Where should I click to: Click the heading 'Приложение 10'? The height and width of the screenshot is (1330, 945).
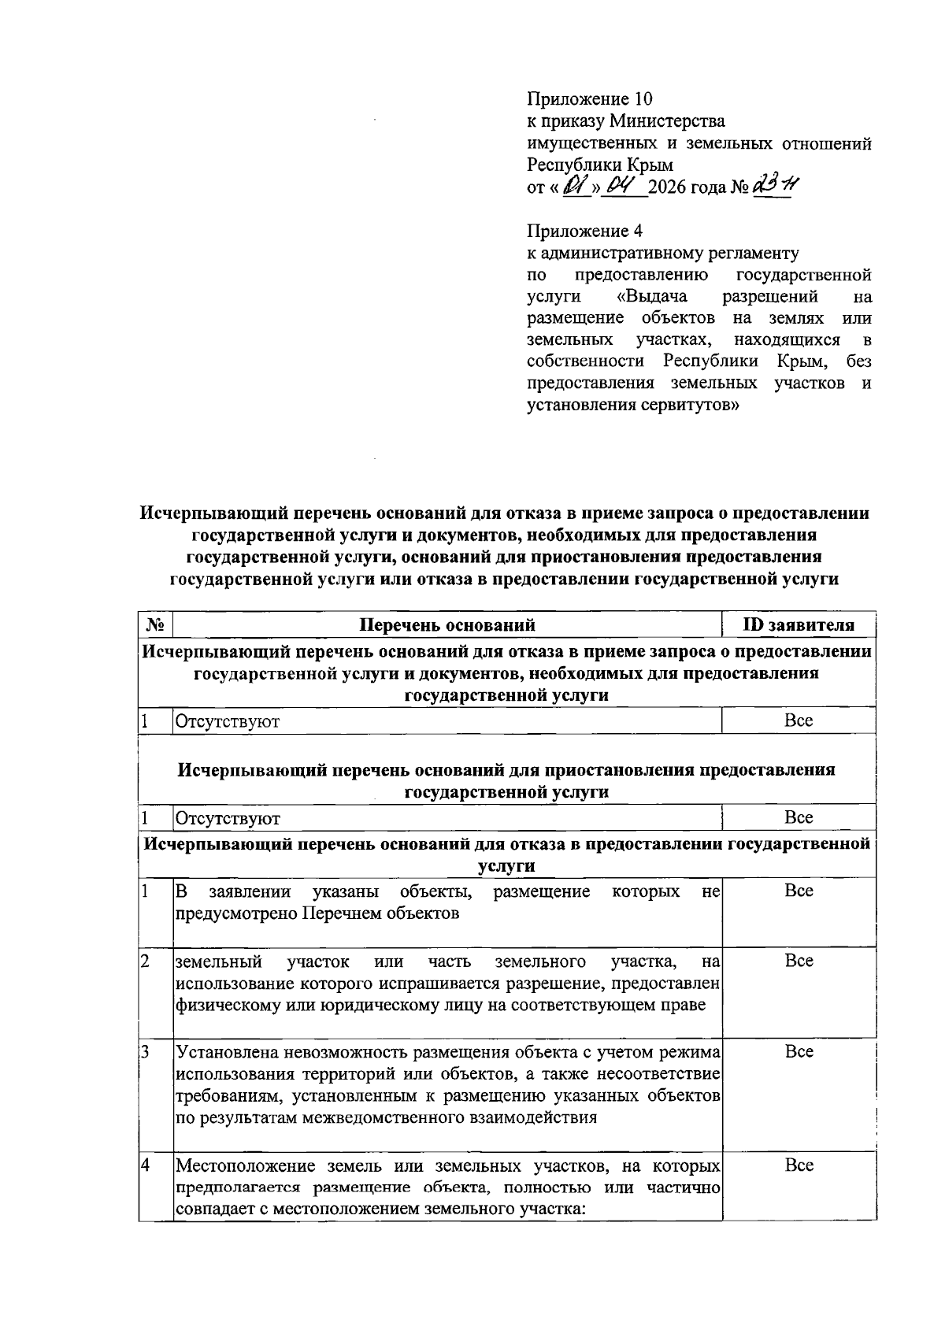[590, 99]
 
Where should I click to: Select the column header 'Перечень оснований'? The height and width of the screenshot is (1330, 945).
[447, 626]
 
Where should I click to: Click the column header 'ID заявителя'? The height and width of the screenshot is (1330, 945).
[799, 626]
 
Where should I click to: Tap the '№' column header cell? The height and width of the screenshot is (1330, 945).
[155, 626]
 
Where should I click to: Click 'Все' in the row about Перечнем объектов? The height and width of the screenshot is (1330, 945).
[799, 891]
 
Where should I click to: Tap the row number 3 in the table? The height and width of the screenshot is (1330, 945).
[146, 1053]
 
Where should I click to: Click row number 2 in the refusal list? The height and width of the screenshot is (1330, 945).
[146, 961]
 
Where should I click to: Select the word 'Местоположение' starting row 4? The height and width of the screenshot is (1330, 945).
[239, 1166]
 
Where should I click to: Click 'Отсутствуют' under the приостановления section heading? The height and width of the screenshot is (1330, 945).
[228, 819]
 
